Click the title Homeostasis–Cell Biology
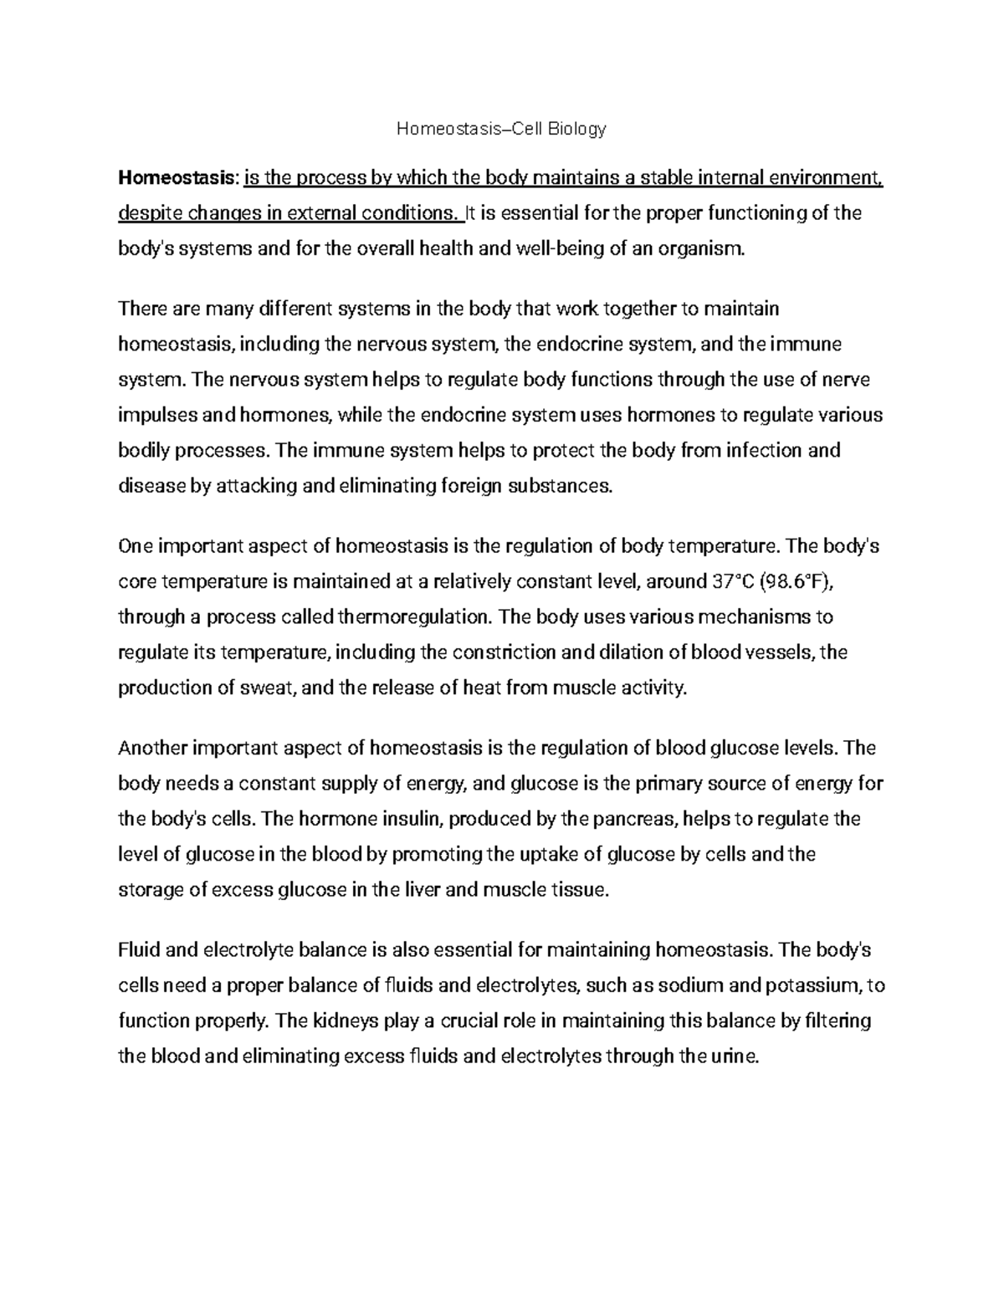click(501, 129)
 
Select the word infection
click(763, 451)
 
